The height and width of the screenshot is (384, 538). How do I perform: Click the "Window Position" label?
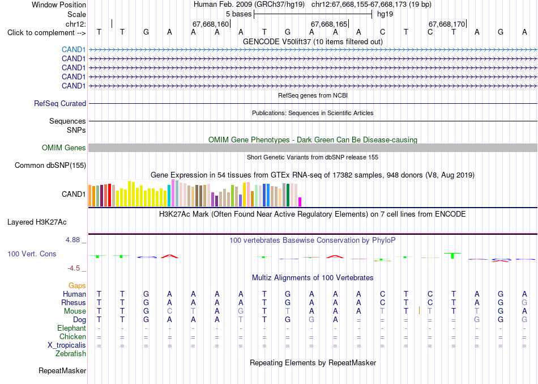(x=59, y=5)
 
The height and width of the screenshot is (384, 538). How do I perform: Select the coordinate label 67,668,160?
(x=210, y=24)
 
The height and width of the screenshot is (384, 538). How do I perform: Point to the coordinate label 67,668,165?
(x=329, y=24)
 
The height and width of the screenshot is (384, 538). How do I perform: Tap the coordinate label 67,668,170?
(x=447, y=24)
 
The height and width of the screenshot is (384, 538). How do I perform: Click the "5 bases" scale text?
(x=239, y=14)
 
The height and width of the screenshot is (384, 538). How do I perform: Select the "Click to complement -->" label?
(x=46, y=33)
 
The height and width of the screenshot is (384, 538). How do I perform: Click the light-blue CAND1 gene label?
(x=74, y=50)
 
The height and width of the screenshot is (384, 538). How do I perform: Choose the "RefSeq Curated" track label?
(x=60, y=103)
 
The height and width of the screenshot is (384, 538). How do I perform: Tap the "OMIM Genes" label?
(x=64, y=148)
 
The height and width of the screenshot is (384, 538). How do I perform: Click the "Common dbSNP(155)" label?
(x=50, y=166)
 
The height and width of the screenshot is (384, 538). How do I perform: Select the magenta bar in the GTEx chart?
(x=300, y=202)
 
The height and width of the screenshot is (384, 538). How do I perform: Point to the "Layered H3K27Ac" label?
(x=37, y=222)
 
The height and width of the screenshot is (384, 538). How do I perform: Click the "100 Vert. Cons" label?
(x=32, y=254)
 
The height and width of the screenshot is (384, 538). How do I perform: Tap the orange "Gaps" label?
(x=77, y=286)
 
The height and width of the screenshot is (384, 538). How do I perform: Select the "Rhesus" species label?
(x=74, y=302)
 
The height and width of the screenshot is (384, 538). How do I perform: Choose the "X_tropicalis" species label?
(x=67, y=345)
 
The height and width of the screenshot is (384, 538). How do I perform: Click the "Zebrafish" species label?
(x=71, y=353)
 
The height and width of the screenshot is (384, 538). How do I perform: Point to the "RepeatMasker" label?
(x=62, y=370)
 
